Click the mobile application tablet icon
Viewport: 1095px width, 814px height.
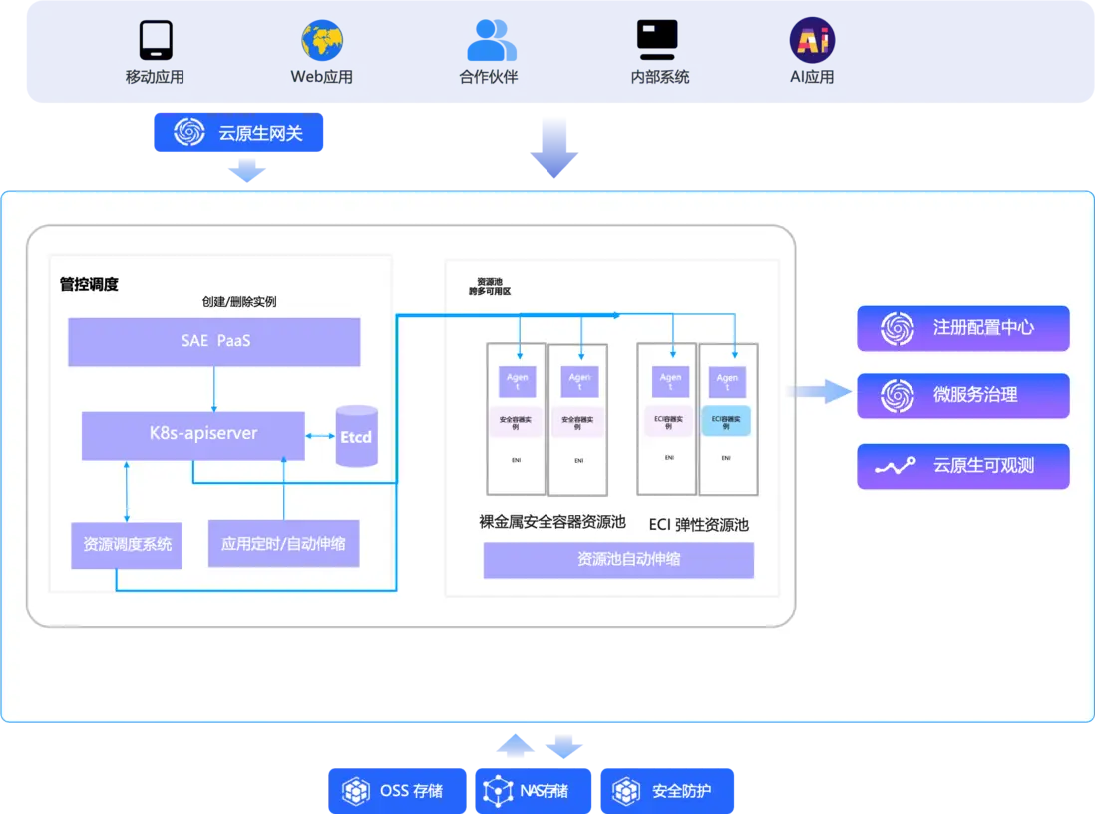click(155, 40)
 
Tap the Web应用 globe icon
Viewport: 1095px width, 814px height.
click(322, 40)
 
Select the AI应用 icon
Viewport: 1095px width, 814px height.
click(812, 41)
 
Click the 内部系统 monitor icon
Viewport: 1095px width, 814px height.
click(657, 40)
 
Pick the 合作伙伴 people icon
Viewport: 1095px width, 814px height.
click(489, 41)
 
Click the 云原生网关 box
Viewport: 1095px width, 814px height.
click(239, 132)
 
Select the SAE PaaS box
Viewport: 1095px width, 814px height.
click(213, 342)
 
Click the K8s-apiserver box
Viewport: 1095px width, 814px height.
click(193, 435)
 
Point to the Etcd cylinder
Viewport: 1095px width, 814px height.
click(356, 436)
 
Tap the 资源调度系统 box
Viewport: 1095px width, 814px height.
click(127, 545)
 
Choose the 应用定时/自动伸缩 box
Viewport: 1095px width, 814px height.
click(283, 544)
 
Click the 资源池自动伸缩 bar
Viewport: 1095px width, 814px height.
click(618, 560)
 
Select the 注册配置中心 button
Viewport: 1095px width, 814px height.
click(962, 328)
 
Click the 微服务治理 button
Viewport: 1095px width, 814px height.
click(962, 395)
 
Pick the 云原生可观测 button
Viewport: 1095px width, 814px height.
click(962, 466)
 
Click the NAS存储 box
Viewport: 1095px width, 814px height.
click(533, 791)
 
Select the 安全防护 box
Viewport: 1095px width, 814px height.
click(667, 791)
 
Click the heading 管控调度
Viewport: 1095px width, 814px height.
click(89, 285)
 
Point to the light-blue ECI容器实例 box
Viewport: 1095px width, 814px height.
click(727, 420)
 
